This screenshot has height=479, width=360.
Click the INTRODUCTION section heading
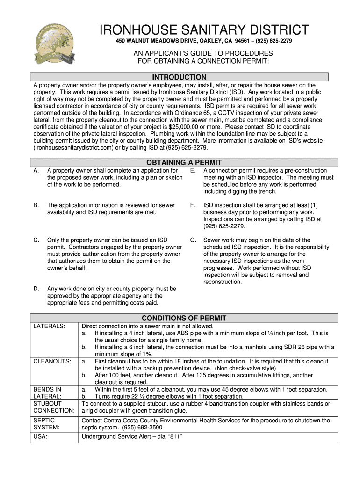(179, 77)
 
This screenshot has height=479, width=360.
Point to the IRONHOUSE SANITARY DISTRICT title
(206, 30)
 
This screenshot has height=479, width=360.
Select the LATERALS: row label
(49, 326)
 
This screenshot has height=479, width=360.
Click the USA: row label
(40, 437)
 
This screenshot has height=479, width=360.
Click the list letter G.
(193, 240)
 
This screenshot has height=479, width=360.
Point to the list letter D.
(36, 289)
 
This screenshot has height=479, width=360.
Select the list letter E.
(192, 170)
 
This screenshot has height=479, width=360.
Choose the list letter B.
(36, 205)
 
